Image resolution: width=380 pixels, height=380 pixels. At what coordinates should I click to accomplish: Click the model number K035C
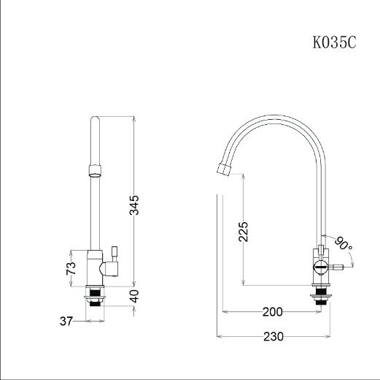pyautogui.click(x=334, y=42)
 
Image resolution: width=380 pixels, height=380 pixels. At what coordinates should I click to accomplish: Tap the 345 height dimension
pyautogui.click(x=134, y=205)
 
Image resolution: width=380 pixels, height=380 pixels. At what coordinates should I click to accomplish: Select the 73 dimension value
pyautogui.click(x=71, y=268)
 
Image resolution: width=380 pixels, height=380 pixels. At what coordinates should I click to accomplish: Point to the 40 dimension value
pyautogui.click(x=134, y=296)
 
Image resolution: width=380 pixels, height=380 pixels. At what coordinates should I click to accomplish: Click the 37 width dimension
pyautogui.click(x=66, y=321)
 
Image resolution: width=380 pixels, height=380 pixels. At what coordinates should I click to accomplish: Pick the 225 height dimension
pyautogui.click(x=243, y=232)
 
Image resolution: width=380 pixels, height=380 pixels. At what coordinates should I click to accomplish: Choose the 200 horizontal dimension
pyautogui.click(x=273, y=312)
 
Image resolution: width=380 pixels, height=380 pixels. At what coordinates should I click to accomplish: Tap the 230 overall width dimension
pyautogui.click(x=274, y=337)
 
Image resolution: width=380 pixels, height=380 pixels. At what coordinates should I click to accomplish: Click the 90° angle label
pyautogui.click(x=344, y=243)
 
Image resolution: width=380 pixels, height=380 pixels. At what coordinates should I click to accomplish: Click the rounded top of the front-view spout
pyautogui.click(x=95, y=119)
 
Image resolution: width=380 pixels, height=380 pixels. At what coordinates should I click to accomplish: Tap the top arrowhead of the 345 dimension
pyautogui.click(x=134, y=118)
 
